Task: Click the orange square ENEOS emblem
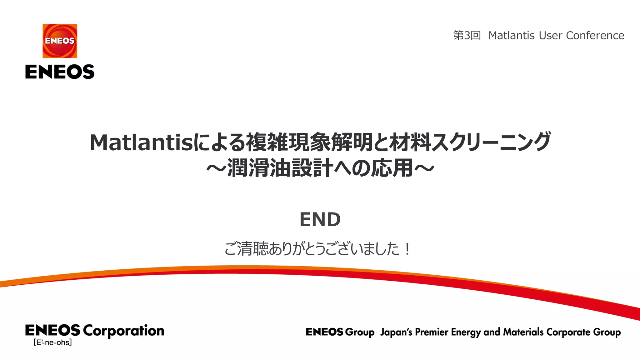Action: click(x=60, y=41)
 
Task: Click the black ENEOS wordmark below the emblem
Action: click(x=60, y=72)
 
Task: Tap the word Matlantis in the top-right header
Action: click(x=512, y=36)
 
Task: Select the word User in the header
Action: click(x=550, y=36)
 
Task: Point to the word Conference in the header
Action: click(x=595, y=36)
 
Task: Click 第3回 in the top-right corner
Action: click(x=467, y=36)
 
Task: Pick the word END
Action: click(x=320, y=219)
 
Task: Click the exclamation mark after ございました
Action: click(x=407, y=249)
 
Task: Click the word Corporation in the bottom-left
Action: click(x=123, y=331)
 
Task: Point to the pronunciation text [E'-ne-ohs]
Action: click(x=53, y=342)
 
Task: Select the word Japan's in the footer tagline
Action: click(x=396, y=332)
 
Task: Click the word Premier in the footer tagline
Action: click(x=432, y=332)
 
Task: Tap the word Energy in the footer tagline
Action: click(x=466, y=332)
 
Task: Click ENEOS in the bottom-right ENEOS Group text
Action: click(x=324, y=332)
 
